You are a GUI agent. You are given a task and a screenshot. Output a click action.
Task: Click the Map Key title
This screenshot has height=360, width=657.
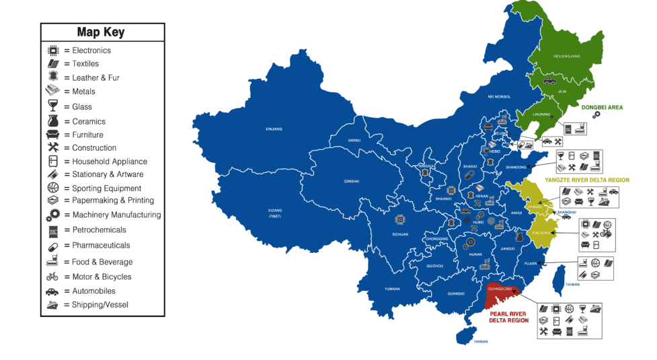pyautogui.click(x=101, y=32)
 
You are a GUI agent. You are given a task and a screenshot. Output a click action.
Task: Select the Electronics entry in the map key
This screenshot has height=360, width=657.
pyautogui.click(x=91, y=50)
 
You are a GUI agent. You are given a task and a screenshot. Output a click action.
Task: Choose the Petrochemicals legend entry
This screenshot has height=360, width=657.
pyautogui.click(x=99, y=230)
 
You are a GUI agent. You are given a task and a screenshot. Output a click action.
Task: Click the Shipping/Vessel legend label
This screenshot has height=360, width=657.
pyautogui.click(x=100, y=305)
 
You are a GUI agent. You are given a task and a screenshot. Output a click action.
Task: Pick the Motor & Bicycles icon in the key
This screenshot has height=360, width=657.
pyautogui.click(x=52, y=277)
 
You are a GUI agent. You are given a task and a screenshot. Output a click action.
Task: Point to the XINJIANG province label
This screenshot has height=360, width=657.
pyautogui.click(x=274, y=129)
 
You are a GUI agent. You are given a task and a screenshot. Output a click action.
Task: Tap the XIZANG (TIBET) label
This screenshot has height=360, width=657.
pyautogui.click(x=274, y=213)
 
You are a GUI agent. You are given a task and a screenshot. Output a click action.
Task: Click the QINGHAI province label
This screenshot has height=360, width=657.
pyautogui.click(x=352, y=181)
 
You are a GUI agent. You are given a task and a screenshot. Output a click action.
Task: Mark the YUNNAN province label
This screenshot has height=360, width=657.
pyautogui.click(x=392, y=289)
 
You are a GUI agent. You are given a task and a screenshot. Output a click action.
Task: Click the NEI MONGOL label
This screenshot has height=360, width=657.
pyautogui.click(x=499, y=97)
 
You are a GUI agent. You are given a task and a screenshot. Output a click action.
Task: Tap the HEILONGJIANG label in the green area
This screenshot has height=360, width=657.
pyautogui.click(x=565, y=57)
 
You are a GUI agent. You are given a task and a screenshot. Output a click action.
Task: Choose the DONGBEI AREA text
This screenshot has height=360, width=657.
pyautogui.click(x=601, y=107)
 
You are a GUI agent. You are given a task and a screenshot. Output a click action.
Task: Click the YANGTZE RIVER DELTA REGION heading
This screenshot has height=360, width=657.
pyautogui.click(x=587, y=180)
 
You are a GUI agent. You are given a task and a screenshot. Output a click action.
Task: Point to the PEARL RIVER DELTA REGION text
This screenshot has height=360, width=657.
pyautogui.click(x=509, y=317)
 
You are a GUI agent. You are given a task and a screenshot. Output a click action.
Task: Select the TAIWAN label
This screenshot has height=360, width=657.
pyautogui.click(x=572, y=284)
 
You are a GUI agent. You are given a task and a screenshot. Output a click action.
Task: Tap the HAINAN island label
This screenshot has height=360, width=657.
pyautogui.click(x=480, y=342)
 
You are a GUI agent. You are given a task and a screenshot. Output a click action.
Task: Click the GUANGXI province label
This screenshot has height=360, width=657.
pyautogui.click(x=455, y=293)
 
